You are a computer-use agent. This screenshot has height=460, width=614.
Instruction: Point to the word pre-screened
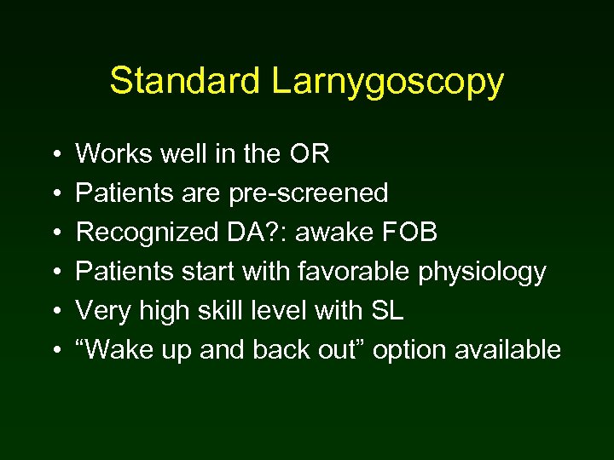click(x=309, y=194)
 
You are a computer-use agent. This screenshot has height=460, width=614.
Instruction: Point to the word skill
click(x=225, y=311)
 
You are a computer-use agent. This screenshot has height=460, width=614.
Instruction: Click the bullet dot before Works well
click(x=55, y=155)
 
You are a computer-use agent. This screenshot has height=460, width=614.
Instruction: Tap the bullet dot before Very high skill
click(x=55, y=312)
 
